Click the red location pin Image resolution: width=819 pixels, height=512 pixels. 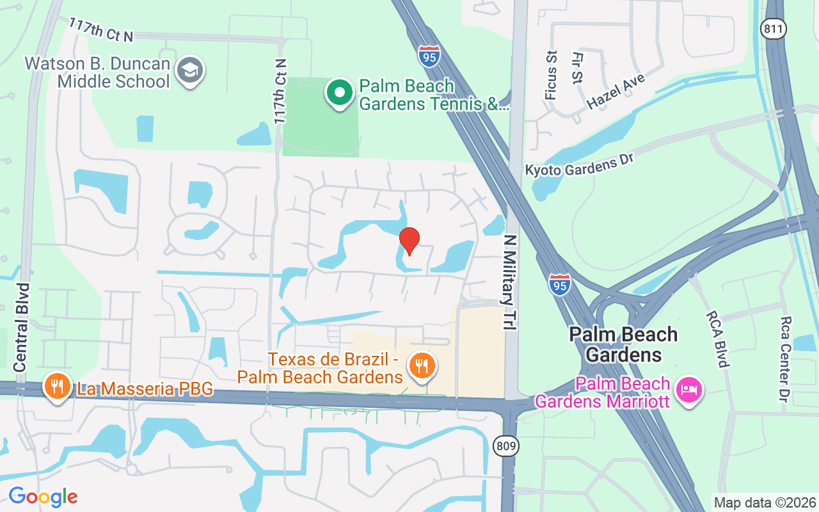(409, 241)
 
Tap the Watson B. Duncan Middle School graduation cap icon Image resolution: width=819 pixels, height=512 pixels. (190, 71)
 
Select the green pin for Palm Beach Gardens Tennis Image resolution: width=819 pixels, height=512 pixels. (340, 93)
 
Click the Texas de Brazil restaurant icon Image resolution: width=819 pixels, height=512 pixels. (421, 366)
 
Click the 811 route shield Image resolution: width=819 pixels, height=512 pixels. (774, 28)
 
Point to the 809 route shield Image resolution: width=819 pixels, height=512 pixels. (505, 446)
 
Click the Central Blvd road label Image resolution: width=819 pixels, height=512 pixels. (22, 327)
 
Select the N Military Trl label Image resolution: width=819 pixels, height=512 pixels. (509, 282)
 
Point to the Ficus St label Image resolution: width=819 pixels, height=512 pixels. (550, 76)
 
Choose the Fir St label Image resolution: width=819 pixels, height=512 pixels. (578, 68)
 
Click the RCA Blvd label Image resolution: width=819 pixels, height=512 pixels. (717, 339)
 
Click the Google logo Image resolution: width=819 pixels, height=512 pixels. (43, 497)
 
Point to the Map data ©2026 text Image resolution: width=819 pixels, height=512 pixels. (765, 502)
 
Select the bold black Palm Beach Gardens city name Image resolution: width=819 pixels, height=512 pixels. (623, 344)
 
